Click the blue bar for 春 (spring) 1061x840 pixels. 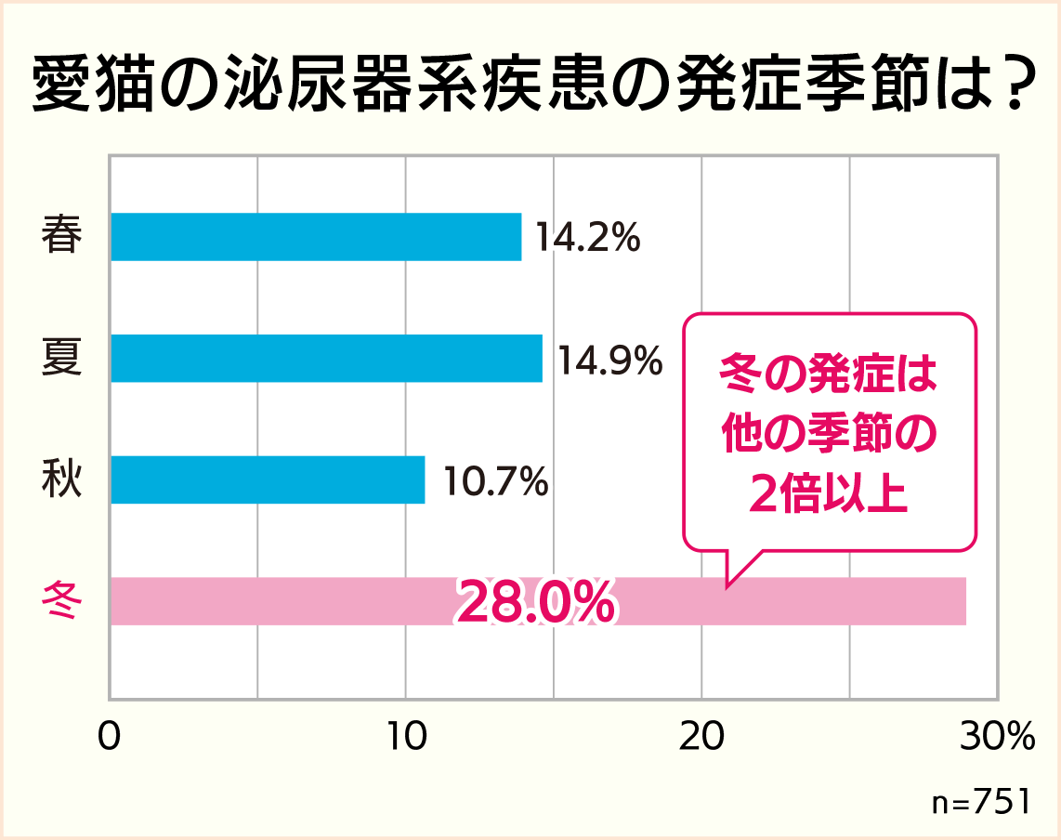316,237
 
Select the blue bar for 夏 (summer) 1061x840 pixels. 326,358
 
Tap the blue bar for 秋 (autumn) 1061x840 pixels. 268,479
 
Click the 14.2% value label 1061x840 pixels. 587,238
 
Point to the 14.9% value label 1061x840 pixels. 609,360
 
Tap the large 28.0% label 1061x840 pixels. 535,603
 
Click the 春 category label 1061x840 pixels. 62,237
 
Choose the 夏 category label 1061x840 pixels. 62,359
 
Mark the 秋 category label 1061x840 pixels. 62,480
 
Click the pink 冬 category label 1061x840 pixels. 62,602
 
